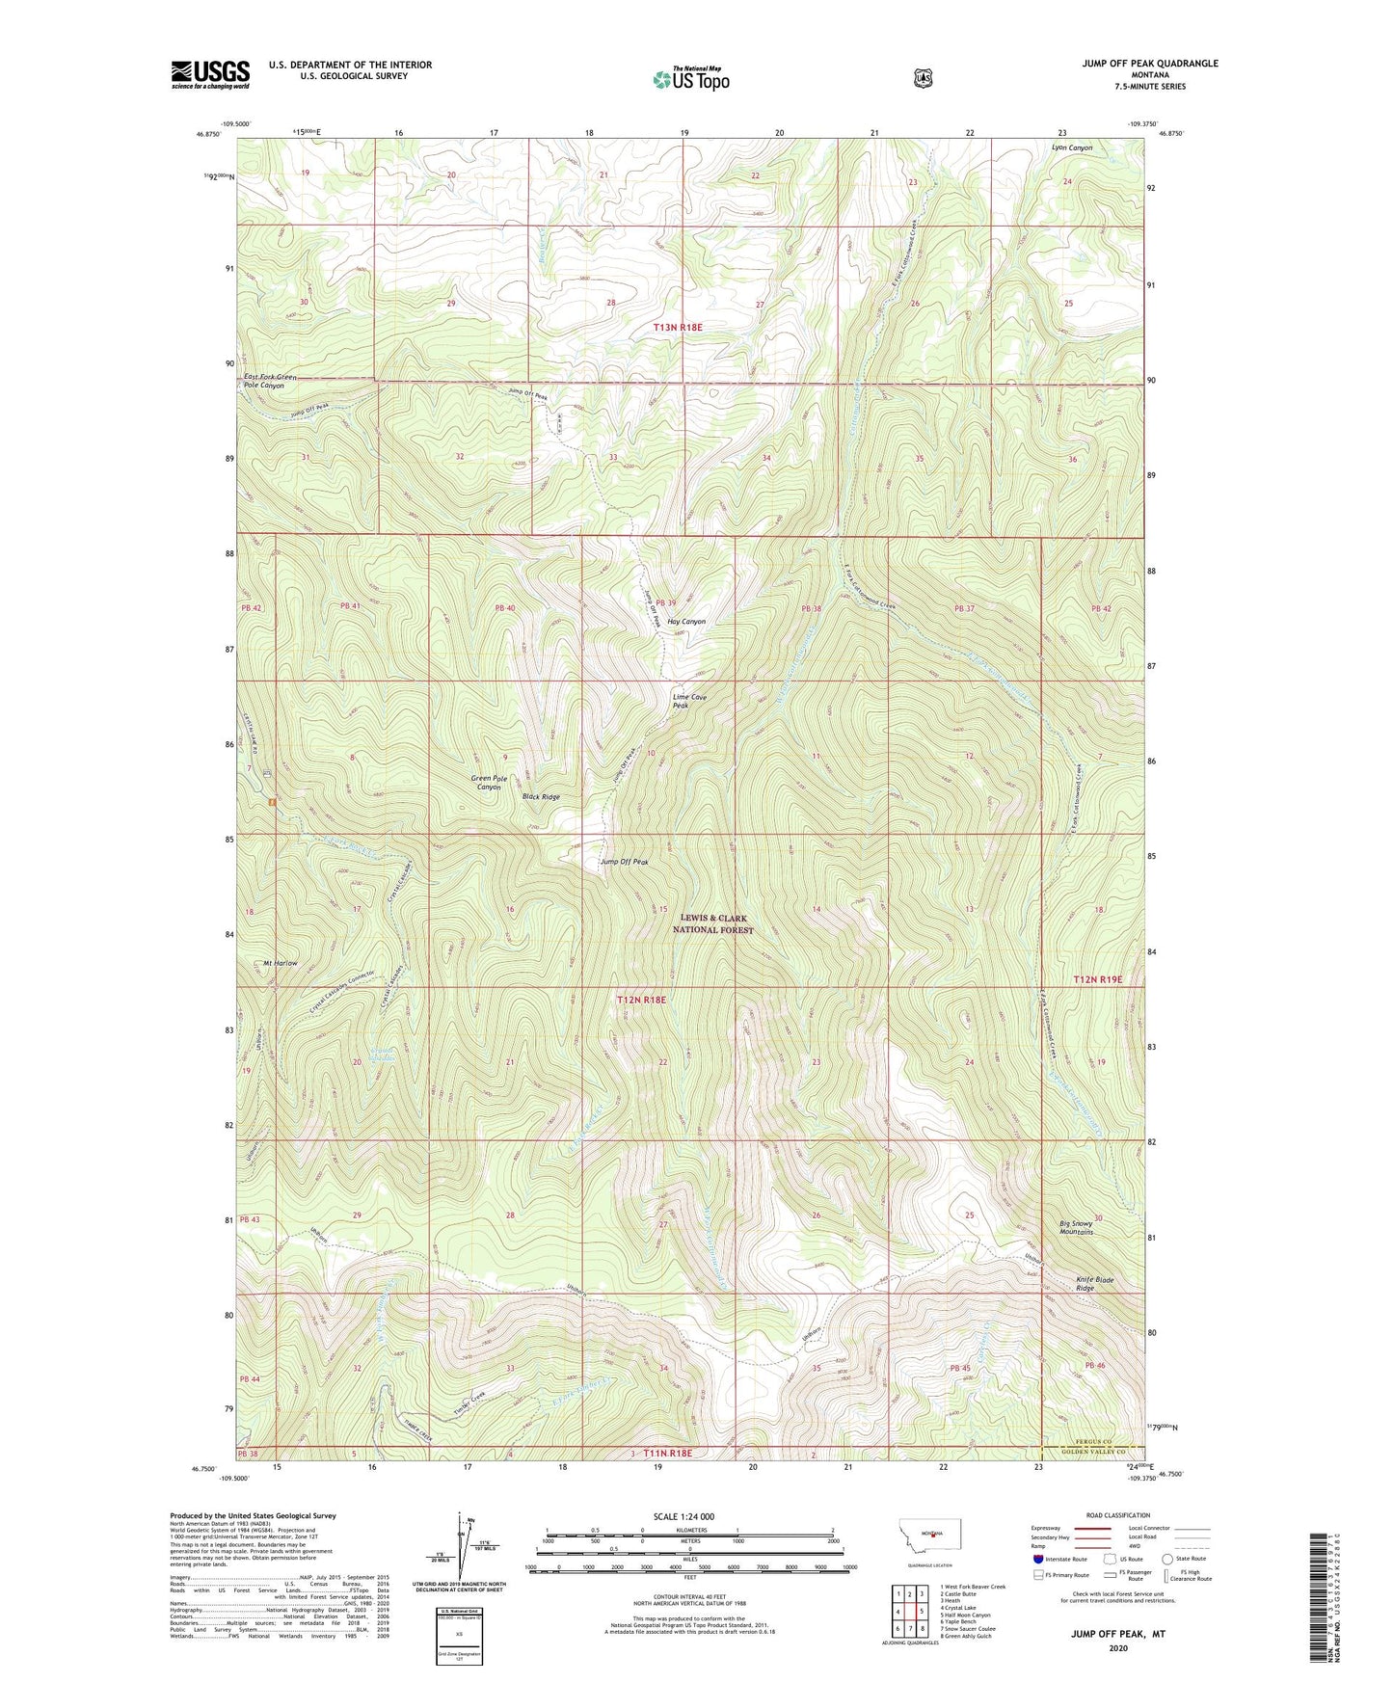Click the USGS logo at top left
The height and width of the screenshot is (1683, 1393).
point(210,74)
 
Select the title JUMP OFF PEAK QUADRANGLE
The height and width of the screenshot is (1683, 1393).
point(1149,64)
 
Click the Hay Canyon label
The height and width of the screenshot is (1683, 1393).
point(686,622)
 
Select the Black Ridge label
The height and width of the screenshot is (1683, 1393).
point(540,797)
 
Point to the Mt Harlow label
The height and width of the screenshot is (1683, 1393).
point(281,963)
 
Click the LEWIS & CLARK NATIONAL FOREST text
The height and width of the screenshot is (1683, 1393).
point(713,924)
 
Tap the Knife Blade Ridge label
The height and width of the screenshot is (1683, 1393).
point(1094,1284)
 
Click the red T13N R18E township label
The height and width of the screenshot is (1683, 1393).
point(678,328)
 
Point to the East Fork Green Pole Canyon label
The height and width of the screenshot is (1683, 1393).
point(270,381)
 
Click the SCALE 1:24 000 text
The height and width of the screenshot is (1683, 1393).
point(683,1516)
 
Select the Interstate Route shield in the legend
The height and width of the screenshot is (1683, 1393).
point(1038,1559)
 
